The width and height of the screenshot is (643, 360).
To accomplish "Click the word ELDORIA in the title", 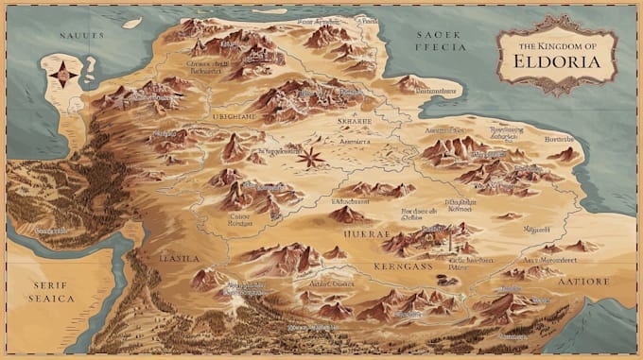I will tap(557, 61).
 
